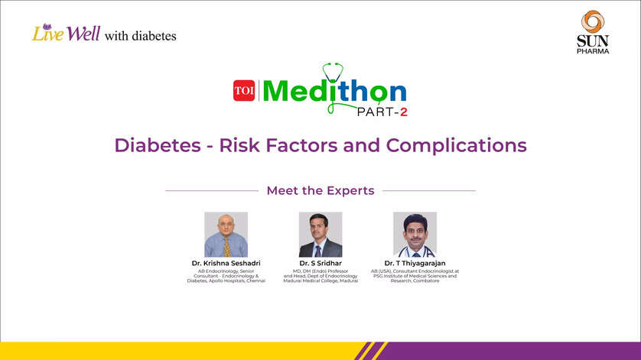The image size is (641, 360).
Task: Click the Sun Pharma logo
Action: (593, 31)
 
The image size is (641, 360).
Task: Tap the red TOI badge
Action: (244, 91)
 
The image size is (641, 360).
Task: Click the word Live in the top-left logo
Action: (47, 34)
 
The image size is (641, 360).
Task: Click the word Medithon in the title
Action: (334, 92)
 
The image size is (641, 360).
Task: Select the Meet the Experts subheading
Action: (320, 190)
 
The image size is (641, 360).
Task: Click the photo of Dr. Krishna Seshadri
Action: (226, 235)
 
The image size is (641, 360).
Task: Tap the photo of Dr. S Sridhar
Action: (320, 235)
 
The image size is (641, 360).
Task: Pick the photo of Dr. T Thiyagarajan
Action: (415, 235)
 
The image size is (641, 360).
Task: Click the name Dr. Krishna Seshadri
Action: (226, 263)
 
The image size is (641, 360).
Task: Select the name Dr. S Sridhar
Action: (320, 263)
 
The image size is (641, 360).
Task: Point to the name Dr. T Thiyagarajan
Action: (415, 263)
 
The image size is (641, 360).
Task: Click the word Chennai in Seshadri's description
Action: (253, 281)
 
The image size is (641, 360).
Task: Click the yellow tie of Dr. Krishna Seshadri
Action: (226, 246)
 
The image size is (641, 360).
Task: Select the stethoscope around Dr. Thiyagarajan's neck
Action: (415, 249)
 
